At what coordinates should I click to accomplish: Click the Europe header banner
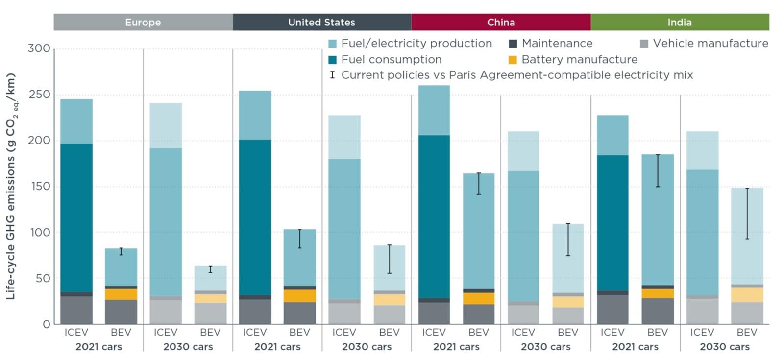coord(143,23)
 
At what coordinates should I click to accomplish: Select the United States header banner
coord(321,23)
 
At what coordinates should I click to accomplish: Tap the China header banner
coord(501,23)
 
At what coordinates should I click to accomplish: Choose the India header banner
coord(680,23)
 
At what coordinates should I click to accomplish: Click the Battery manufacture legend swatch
coord(513,60)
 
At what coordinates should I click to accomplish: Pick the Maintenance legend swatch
coord(513,44)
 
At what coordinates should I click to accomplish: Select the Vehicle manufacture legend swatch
coord(644,44)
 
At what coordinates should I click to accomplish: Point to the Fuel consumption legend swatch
coord(333,60)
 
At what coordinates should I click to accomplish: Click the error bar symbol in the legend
coord(333,75)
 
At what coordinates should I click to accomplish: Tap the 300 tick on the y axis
coord(39,48)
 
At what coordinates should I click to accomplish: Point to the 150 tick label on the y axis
coord(39,187)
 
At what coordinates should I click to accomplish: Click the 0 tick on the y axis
coord(46,324)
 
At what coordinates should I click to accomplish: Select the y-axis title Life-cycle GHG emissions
coord(11,186)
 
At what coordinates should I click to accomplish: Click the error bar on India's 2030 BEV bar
coord(747,213)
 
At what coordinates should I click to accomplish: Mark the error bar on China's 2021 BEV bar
coord(479,184)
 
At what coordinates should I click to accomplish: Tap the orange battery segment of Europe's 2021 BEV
coord(121,294)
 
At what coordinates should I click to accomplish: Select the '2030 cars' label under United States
coord(367,347)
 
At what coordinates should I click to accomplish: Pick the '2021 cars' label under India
coord(635,347)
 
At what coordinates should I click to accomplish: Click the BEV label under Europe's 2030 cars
coord(210,333)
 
